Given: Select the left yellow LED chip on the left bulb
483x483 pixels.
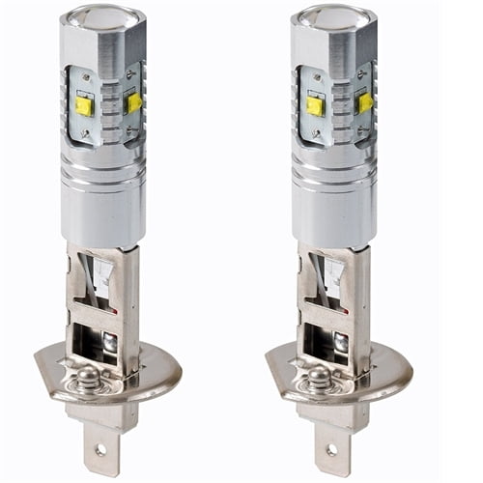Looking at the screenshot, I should click(84, 105).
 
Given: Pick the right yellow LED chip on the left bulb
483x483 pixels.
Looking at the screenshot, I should click(134, 101).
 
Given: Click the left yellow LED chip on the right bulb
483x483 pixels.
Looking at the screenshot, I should click(315, 105).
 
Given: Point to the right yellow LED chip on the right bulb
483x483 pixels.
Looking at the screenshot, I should click(365, 101).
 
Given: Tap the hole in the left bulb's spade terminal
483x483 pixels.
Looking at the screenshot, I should click(101, 450).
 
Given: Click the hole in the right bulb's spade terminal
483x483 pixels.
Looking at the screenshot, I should click(332, 450).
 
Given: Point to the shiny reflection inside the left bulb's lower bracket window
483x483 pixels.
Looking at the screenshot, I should click(109, 340).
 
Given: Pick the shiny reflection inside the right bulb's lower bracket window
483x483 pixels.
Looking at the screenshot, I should click(340, 340).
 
